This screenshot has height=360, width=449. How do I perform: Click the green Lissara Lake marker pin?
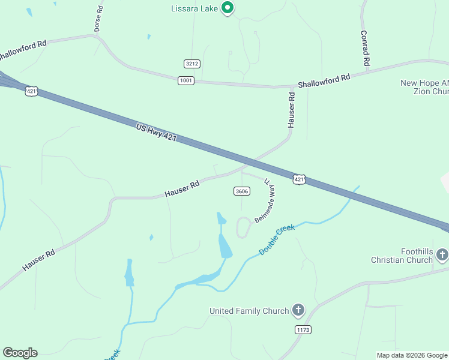click(227, 8)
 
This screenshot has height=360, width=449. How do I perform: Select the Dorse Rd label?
click(99, 19)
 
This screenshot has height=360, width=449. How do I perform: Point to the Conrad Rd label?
click(364, 48)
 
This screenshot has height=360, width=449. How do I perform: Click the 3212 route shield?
click(191, 64)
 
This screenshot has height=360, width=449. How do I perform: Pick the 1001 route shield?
click(186, 80)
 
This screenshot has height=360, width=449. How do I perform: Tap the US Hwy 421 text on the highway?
click(156, 133)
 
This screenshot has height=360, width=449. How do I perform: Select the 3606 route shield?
click(241, 191)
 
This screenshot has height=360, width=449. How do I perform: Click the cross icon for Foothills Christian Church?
click(442, 255)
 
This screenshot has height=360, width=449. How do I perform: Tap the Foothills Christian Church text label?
click(402, 255)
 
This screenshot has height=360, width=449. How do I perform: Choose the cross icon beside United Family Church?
click(298, 310)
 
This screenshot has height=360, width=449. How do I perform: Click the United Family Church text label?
click(249, 311)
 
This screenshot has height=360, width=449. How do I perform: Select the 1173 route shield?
click(303, 329)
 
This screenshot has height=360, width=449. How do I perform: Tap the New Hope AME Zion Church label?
click(424, 87)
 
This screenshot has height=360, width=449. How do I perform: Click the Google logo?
click(20, 353)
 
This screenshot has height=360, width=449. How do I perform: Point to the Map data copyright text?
click(412, 355)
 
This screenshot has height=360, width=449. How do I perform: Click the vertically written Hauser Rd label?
click(291, 109)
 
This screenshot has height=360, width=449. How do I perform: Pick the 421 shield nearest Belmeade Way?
click(299, 179)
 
